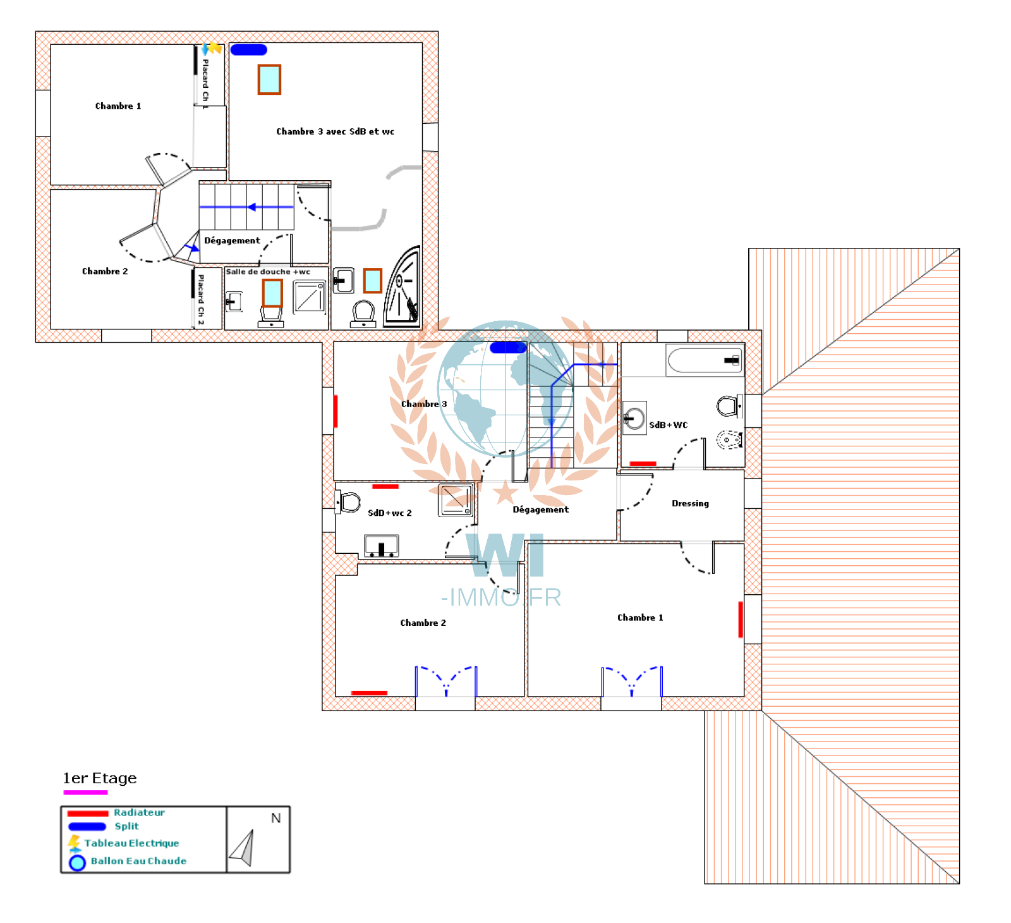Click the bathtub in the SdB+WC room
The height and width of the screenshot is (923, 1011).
click(x=705, y=360)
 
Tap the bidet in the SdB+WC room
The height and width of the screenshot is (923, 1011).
click(x=729, y=439)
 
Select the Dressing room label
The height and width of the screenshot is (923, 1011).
click(x=690, y=503)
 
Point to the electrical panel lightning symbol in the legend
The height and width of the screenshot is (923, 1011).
click(x=74, y=843)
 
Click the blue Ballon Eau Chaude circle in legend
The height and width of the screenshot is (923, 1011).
click(x=77, y=862)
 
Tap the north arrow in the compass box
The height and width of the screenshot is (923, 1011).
click(x=243, y=848)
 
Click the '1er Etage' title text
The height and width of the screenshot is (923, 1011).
click(x=100, y=778)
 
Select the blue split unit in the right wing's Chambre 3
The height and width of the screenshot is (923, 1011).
click(x=507, y=347)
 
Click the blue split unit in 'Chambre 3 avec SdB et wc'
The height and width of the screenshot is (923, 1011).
click(x=248, y=49)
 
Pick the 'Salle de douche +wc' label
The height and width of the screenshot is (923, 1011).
click(x=268, y=272)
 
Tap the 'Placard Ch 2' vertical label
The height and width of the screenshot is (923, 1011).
click(x=201, y=300)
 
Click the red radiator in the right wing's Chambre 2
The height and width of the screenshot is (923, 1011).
click(x=369, y=693)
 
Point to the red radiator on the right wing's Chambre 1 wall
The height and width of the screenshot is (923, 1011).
click(x=741, y=620)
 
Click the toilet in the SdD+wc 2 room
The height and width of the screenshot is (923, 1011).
click(x=348, y=503)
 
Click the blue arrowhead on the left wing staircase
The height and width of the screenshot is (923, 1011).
click(x=251, y=207)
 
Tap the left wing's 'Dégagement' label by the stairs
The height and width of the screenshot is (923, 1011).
click(x=232, y=241)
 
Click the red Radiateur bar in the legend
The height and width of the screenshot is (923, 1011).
click(x=88, y=814)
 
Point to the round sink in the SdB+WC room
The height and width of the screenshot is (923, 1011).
click(x=634, y=418)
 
